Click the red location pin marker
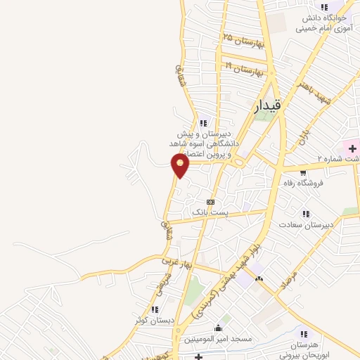[181, 165]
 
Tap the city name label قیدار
[267, 106]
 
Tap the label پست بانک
[210, 212]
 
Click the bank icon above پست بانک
[210, 202]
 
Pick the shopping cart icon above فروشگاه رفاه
[303, 171]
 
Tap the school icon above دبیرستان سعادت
[305, 213]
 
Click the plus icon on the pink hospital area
[352, 149]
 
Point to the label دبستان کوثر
[155, 321]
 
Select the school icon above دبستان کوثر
[155, 309]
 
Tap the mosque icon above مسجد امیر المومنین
[218, 328]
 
